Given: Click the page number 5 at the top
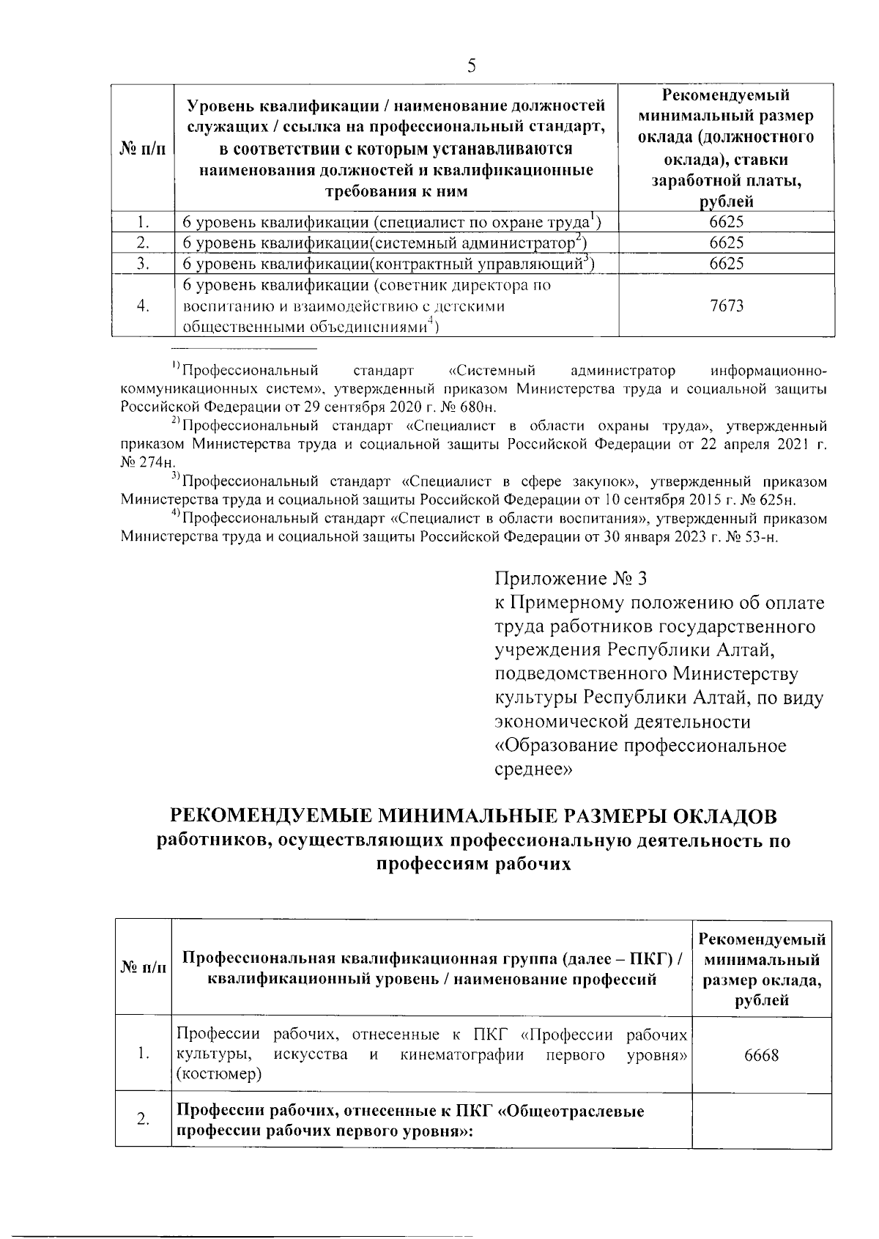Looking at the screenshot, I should pos(472,66).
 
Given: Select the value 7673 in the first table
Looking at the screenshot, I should pos(727,306).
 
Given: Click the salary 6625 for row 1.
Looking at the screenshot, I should pos(727,222).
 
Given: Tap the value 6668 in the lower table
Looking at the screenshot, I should pos(761,1055).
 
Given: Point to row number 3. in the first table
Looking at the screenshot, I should pos(143,263).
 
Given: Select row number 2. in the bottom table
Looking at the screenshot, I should pos(143,1120).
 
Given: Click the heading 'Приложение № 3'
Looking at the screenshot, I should pos(571,579).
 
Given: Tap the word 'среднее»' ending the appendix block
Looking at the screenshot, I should pos(530,769).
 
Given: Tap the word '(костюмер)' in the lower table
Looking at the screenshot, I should pos(219,1074).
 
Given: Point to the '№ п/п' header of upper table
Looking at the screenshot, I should pos(143,149).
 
